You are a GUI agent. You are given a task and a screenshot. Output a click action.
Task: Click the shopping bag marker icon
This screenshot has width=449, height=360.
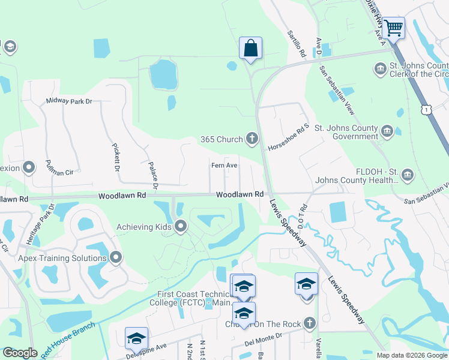250,48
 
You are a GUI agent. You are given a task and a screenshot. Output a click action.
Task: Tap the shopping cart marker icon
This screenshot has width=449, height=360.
393,28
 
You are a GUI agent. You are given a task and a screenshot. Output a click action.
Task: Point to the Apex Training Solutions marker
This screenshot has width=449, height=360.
116,258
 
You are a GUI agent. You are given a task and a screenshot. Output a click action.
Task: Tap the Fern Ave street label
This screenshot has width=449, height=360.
224,166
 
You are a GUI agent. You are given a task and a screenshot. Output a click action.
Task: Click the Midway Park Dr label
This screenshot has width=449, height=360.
68,101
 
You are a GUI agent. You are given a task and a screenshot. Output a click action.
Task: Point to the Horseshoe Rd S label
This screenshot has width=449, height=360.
288,137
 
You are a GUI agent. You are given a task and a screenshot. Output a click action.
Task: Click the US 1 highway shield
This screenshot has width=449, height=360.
426,109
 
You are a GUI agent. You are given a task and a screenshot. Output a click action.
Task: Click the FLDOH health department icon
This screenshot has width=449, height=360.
408,174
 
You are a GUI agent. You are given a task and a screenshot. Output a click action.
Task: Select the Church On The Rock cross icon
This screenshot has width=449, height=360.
309,324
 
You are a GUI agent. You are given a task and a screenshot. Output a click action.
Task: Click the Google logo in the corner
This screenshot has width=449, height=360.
20,353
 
